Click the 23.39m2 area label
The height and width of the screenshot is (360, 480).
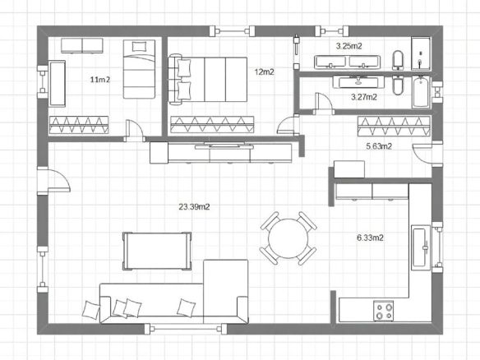[194, 207]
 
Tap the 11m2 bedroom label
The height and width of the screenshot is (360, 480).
[100, 80]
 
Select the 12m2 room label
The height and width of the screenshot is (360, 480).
[264, 72]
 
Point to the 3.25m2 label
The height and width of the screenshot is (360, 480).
[349, 46]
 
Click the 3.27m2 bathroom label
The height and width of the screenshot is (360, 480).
[364, 97]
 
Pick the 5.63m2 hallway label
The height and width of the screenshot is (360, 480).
[379, 146]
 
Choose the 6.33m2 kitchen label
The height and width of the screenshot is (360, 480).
[370, 238]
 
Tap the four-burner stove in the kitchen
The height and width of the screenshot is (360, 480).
[384, 311]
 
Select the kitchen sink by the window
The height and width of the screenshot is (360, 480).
[421, 247]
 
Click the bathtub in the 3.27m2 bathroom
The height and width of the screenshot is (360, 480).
[421, 92]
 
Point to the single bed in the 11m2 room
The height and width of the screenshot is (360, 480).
[139, 69]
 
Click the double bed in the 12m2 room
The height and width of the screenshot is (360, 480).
[208, 80]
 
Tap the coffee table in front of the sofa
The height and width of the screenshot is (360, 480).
[157, 251]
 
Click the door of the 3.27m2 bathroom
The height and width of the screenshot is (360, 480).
[323, 104]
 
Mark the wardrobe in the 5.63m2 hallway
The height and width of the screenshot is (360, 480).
[394, 126]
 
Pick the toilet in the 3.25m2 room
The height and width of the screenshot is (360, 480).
[398, 60]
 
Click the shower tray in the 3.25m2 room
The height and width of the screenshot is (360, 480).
[421, 54]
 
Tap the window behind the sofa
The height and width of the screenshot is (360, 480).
[186, 329]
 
